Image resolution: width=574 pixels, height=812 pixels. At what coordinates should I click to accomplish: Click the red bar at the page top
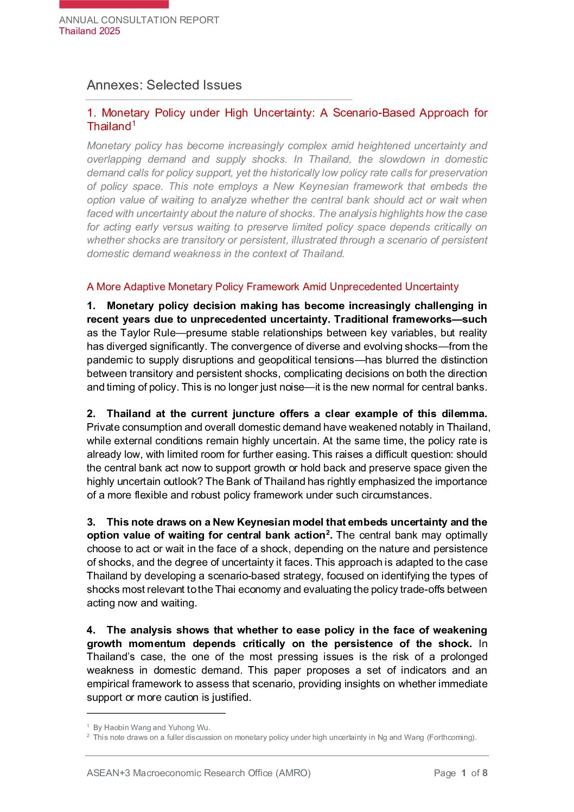[114, 4]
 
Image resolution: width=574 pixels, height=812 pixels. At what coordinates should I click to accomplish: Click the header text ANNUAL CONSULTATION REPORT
[139, 20]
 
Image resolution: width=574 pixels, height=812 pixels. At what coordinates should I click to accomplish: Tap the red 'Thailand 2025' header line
[90, 31]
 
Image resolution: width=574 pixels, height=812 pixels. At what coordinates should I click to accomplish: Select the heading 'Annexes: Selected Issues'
[164, 85]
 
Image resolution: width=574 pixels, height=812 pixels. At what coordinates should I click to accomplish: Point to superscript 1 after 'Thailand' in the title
[134, 123]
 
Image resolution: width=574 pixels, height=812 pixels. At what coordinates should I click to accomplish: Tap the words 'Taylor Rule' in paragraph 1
[148, 333]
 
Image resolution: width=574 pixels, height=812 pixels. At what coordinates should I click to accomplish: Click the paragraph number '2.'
[91, 414]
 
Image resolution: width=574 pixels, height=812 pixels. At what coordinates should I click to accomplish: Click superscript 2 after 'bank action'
[328, 533]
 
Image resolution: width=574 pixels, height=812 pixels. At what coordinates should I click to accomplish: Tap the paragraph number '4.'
[91, 630]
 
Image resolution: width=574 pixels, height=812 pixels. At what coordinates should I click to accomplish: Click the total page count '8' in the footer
[485, 773]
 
